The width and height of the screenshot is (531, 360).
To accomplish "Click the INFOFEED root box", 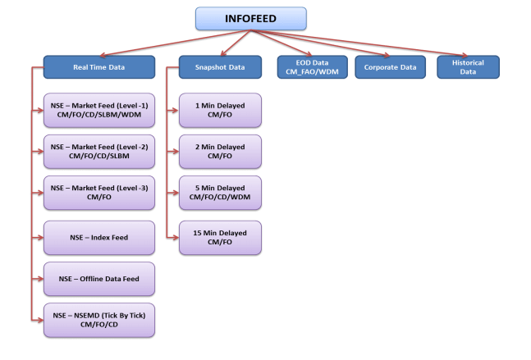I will click(x=250, y=18).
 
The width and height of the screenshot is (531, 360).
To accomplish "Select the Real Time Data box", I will click(x=98, y=66).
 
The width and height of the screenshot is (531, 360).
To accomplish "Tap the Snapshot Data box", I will click(x=219, y=66).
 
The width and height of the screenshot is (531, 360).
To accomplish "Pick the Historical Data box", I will click(x=468, y=66).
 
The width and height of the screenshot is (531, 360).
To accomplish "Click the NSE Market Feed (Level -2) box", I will click(x=98, y=151).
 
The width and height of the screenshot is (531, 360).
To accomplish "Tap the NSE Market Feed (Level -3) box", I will click(x=98, y=193).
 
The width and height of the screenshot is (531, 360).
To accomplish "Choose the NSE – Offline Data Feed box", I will click(x=98, y=279).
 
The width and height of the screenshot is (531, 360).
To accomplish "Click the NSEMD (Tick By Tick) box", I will click(x=98, y=321).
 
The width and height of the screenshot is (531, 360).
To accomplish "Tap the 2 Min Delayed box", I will click(x=219, y=151).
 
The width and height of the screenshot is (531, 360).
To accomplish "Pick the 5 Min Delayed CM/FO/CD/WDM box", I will click(x=219, y=193).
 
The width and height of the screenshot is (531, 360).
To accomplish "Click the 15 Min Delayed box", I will click(x=219, y=238).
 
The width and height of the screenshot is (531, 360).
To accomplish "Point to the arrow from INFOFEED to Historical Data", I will click(x=386, y=43).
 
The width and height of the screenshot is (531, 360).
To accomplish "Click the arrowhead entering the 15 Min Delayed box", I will click(x=175, y=238).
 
